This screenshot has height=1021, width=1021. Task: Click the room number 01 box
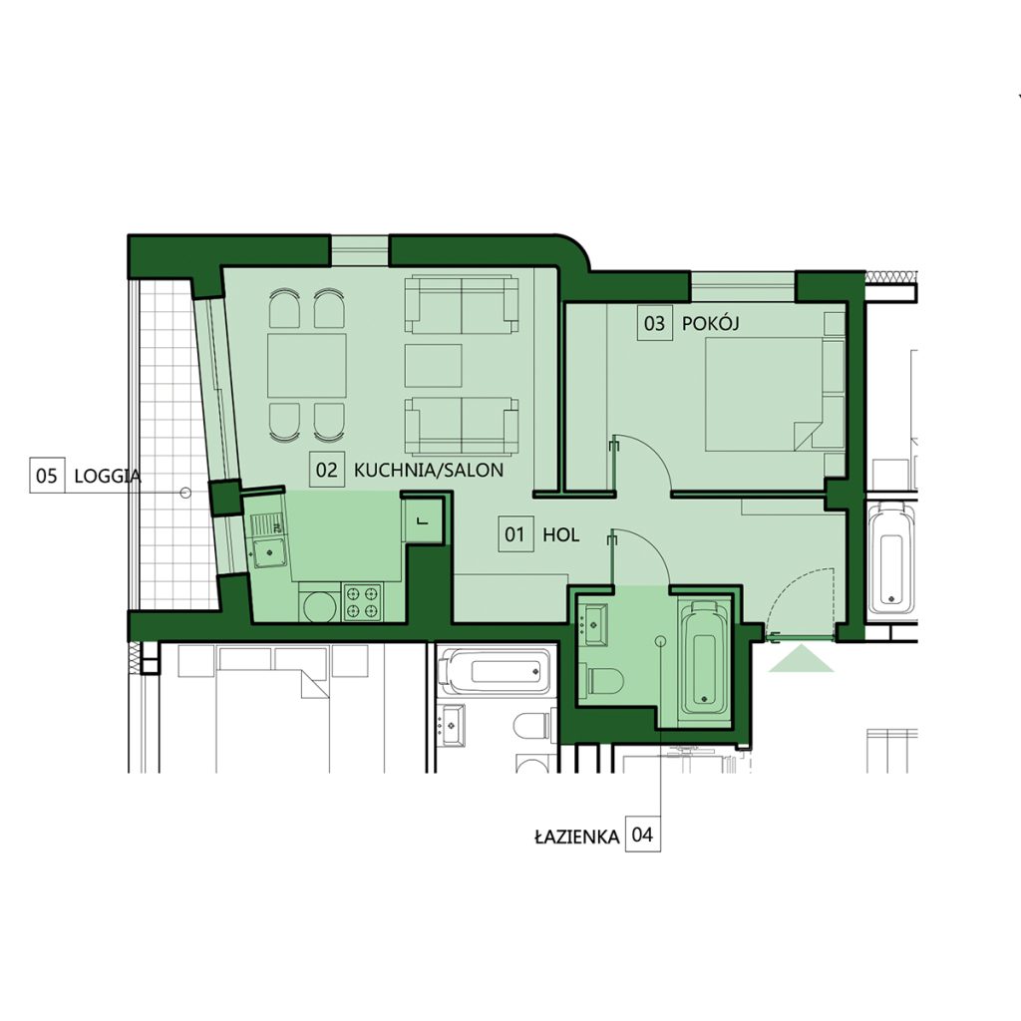[x=515, y=534]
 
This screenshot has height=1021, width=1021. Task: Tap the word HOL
[x=560, y=535]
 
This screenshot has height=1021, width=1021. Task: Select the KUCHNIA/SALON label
[x=429, y=471]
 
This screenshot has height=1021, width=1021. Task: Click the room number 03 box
[x=654, y=323]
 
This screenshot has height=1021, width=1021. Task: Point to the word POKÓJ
[x=710, y=323]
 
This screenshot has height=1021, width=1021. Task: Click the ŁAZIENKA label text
[x=577, y=837]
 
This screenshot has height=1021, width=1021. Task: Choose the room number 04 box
[x=643, y=835]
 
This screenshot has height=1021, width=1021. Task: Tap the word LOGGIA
[x=108, y=476]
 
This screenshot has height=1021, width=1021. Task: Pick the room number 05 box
[x=47, y=476]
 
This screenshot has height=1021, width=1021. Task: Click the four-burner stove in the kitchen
[x=363, y=602]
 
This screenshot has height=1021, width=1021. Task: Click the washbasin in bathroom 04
[x=594, y=624]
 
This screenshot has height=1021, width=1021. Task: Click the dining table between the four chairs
[x=307, y=365]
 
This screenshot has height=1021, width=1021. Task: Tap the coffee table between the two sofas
[x=433, y=366]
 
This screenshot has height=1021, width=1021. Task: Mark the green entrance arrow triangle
[x=801, y=658]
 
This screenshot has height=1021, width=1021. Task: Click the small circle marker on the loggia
[x=185, y=493]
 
